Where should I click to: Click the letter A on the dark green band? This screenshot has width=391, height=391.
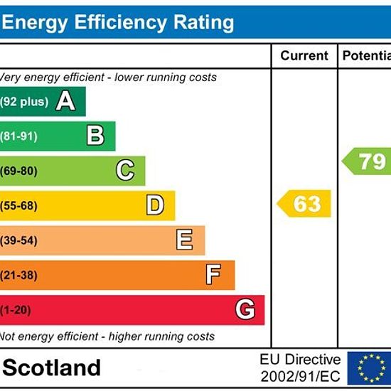click(x=65, y=101)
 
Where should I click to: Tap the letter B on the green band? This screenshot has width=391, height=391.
click(x=95, y=135)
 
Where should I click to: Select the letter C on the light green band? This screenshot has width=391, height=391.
click(x=125, y=170)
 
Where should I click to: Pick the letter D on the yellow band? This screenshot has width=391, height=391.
click(x=155, y=205)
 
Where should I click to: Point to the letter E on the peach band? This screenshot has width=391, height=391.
click(x=185, y=240)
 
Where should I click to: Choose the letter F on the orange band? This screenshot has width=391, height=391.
click(x=213, y=274)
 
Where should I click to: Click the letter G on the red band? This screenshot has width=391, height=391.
click(x=245, y=309)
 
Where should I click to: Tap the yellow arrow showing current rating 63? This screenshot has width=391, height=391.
click(x=304, y=203)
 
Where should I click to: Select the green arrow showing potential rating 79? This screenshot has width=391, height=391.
click(x=367, y=161)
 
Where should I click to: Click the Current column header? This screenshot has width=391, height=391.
click(x=304, y=55)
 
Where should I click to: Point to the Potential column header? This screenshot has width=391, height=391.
click(x=367, y=55)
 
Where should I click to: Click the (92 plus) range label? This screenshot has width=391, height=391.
click(x=24, y=102)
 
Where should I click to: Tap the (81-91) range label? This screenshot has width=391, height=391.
click(x=18, y=136)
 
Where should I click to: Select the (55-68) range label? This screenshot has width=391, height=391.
click(x=18, y=206)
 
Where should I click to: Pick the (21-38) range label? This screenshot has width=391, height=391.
click(x=18, y=276)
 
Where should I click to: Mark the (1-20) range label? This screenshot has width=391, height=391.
click(x=16, y=310)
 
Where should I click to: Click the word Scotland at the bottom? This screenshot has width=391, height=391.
click(x=52, y=368)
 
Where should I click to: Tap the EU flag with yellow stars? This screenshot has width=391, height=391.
click(x=369, y=368)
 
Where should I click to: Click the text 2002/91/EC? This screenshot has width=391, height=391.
click(x=300, y=376)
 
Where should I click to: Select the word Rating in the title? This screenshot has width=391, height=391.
click(x=204, y=23)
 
